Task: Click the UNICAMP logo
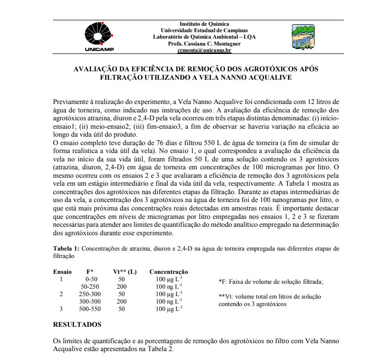[x=99, y=36]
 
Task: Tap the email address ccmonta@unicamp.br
[x=204, y=50]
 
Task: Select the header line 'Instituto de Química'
[x=204, y=24]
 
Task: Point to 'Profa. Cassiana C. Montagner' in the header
[x=204, y=44]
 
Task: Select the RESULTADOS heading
[x=77, y=324]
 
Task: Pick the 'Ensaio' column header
[x=62, y=272]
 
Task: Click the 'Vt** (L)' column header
[x=125, y=272]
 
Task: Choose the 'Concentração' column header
[x=168, y=272]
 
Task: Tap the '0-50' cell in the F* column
[x=90, y=279]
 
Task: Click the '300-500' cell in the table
[x=90, y=301]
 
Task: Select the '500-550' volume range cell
[x=90, y=309]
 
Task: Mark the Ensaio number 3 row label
[x=61, y=309]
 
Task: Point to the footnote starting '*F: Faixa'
[x=271, y=281]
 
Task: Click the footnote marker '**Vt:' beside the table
[x=226, y=296]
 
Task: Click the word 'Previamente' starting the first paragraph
[x=71, y=101]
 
